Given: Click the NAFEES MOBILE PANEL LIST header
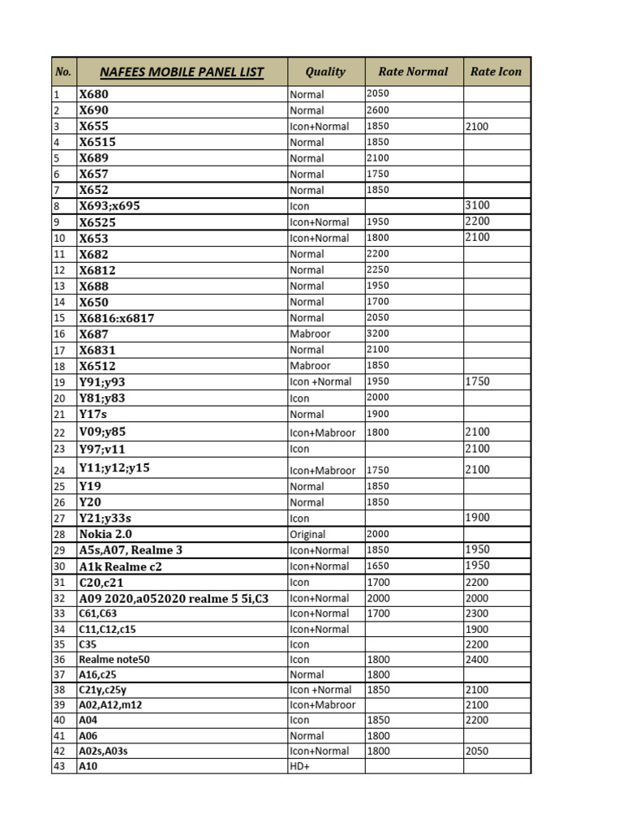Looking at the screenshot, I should point(182,72).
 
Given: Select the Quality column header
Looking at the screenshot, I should point(325,71).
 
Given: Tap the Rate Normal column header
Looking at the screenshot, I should point(413,71).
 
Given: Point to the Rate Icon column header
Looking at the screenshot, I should point(496,71).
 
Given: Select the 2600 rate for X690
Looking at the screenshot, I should point(378,110).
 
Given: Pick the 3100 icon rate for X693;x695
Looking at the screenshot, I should point(477,205).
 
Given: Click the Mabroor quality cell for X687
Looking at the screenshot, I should point(310,334).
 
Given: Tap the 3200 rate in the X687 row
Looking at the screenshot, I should point(378,333).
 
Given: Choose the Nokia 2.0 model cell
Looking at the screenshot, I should point(105,534).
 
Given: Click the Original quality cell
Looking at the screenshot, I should point(307,534).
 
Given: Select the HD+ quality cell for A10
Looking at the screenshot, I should point(299,766).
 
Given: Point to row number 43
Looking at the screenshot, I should point(58,766).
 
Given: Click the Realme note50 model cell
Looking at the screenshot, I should point(114,660).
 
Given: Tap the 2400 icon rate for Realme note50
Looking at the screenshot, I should point(477,660).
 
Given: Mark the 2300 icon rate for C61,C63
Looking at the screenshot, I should point(477,614).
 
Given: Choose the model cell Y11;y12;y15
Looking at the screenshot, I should point(114,468).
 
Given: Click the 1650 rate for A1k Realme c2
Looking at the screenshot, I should point(378,566).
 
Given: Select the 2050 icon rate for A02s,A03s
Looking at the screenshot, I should point(477,751).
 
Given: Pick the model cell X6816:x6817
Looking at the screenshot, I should point(117,318).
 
